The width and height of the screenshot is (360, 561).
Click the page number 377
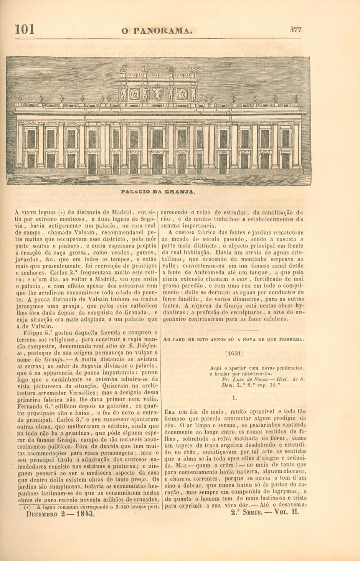296,30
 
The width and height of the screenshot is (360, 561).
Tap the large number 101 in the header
25,30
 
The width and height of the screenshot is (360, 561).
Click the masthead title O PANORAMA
157,31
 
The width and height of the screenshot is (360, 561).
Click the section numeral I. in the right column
234,398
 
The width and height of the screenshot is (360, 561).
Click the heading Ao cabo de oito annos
234,339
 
